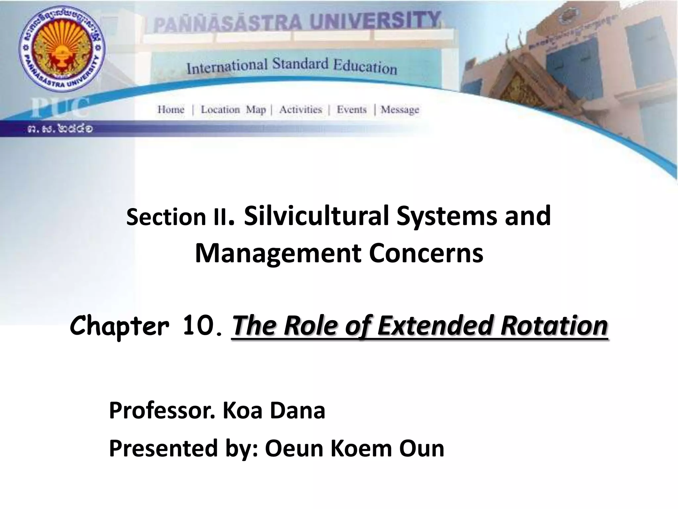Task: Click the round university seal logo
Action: [x=61, y=47]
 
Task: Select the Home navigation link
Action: [x=171, y=109]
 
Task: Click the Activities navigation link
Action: [x=300, y=109]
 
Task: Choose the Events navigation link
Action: [x=352, y=109]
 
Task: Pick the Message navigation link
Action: [x=400, y=110]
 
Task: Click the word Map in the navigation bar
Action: [x=256, y=110]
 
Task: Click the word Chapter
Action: [x=119, y=326]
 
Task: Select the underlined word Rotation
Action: [x=554, y=325]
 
